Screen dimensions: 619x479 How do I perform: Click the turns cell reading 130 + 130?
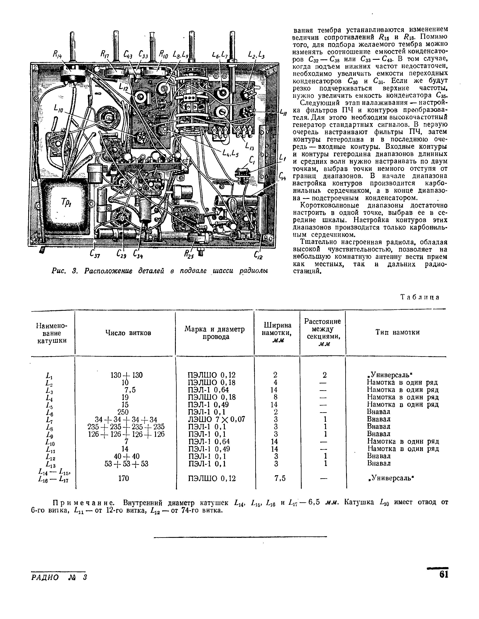click(126, 375)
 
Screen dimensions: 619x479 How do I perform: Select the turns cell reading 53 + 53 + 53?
click(126, 464)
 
